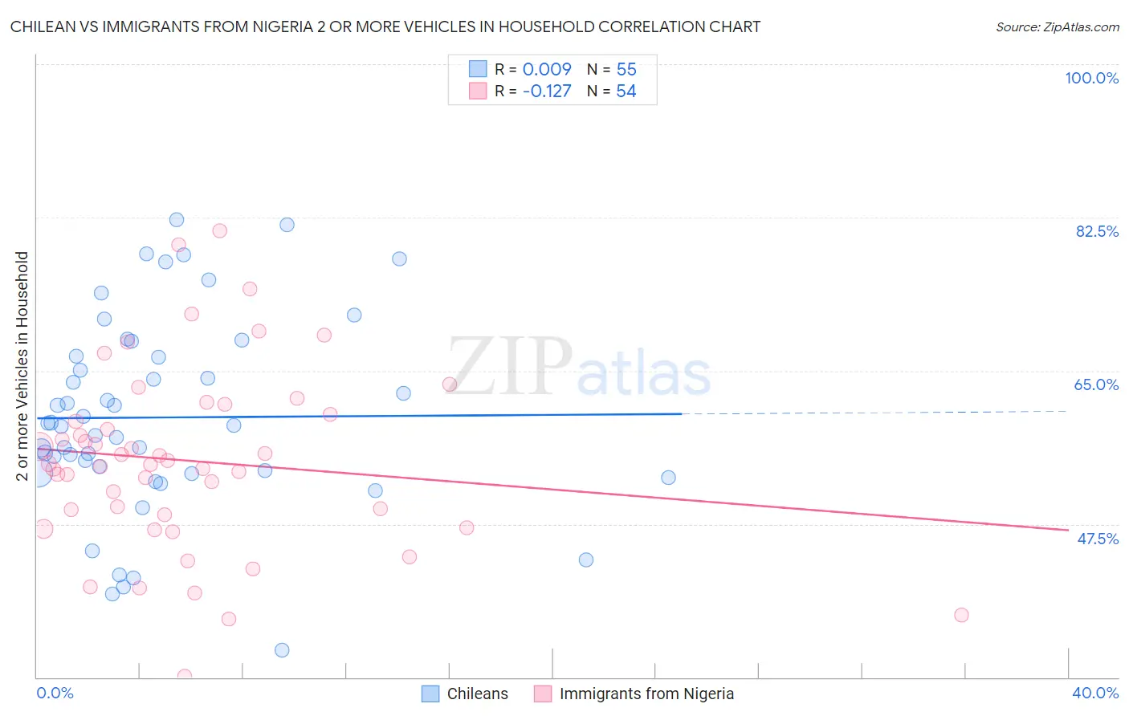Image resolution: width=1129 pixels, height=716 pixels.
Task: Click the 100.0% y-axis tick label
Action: (1091, 78)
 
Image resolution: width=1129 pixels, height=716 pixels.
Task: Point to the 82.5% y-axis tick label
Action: (1097, 231)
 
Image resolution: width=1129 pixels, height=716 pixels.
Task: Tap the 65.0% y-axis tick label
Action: (1096, 384)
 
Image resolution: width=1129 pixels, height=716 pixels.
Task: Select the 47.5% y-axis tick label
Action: (1097, 539)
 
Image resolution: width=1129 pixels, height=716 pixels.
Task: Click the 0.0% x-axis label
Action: (55, 693)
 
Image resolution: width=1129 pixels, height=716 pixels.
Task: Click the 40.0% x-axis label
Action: (1094, 693)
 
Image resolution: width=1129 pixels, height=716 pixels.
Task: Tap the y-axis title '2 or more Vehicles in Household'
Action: (22, 366)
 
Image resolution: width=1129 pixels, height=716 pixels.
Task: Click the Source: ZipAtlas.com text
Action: (1057, 26)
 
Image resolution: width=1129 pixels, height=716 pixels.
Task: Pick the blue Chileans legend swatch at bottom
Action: (430, 694)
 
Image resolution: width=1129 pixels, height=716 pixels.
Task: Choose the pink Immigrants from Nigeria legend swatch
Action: (543, 694)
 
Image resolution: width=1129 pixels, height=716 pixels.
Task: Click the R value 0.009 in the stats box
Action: (547, 69)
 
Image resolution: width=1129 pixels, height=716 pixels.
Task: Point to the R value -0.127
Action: (547, 91)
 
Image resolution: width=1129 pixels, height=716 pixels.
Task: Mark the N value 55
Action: (626, 69)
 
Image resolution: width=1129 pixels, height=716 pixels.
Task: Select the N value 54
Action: (626, 91)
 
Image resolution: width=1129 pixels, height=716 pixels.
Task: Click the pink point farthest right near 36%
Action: (961, 615)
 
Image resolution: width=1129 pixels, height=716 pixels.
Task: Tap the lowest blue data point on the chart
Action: (282, 650)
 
